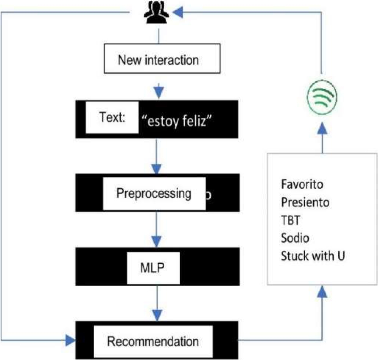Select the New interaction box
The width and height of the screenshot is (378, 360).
click(158, 60)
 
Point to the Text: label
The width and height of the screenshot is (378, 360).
click(112, 118)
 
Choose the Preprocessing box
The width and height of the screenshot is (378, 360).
click(154, 193)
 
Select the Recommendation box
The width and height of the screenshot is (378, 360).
click(153, 341)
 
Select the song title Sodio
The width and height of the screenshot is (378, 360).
click(295, 238)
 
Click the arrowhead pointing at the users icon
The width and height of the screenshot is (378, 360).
click(177, 13)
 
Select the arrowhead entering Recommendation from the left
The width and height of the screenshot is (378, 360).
click(70, 339)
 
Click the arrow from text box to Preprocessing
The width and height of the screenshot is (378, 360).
click(158, 156)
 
